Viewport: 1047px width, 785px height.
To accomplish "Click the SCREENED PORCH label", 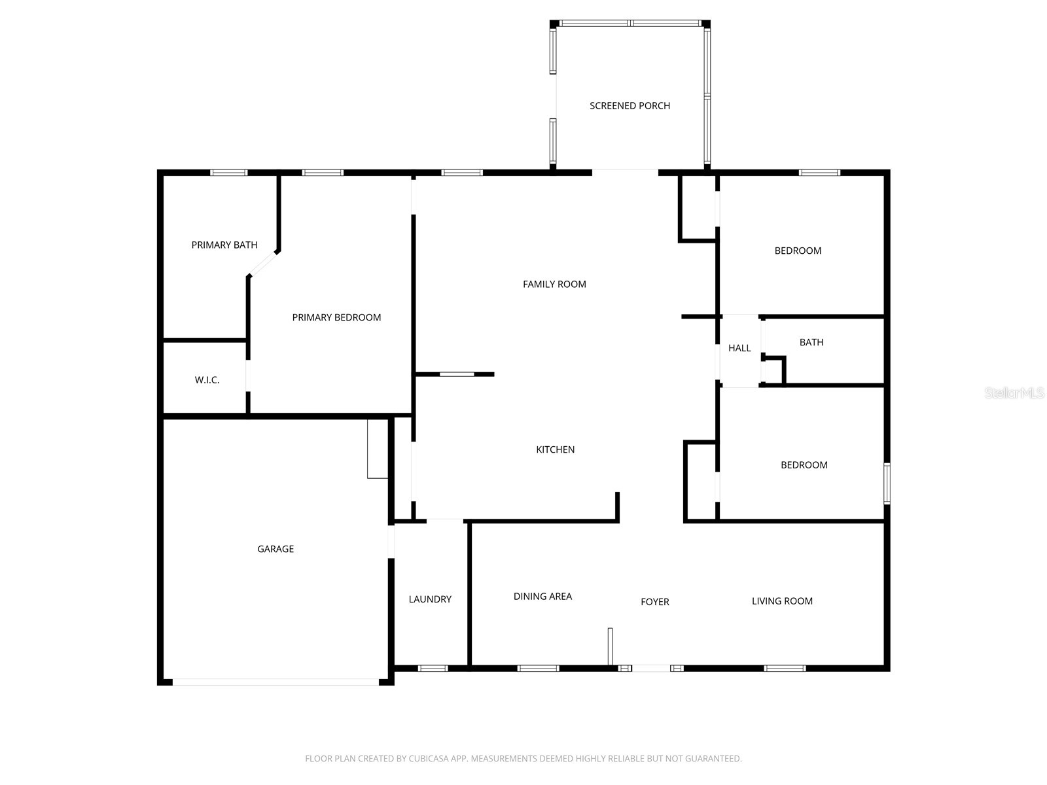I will pyautogui.click(x=630, y=105).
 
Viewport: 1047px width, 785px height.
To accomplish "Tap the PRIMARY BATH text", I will pyautogui.click(x=224, y=245).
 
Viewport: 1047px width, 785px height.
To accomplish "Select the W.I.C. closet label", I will pyautogui.click(x=207, y=380).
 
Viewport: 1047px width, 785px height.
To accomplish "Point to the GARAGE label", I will pyautogui.click(x=275, y=549).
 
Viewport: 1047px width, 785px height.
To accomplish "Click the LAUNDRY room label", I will pyautogui.click(x=430, y=599).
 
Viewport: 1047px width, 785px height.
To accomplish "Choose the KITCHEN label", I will pyautogui.click(x=555, y=449).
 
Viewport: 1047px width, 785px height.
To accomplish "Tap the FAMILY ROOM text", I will pyautogui.click(x=554, y=284).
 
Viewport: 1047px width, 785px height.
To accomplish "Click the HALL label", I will pyautogui.click(x=739, y=348).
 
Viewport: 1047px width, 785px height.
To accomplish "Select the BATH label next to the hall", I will pyautogui.click(x=811, y=342).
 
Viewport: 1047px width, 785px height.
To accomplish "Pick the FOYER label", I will pyautogui.click(x=654, y=602).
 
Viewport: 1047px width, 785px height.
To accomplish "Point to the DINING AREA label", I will pyautogui.click(x=542, y=596).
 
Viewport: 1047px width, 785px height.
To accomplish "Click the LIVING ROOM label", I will pyautogui.click(x=782, y=601).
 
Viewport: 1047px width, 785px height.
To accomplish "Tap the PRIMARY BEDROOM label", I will pyautogui.click(x=336, y=317).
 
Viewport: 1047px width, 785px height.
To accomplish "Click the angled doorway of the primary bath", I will pyautogui.click(x=264, y=264).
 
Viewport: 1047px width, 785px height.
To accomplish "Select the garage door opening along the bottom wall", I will pyautogui.click(x=275, y=682).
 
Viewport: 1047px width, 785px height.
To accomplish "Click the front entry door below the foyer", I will pyautogui.click(x=650, y=668).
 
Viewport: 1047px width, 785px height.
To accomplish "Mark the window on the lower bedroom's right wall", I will pyautogui.click(x=887, y=483).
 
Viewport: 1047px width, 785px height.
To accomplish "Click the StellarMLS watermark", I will pyautogui.click(x=1014, y=393).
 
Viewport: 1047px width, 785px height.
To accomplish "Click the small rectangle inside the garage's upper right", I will pyautogui.click(x=378, y=449).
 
